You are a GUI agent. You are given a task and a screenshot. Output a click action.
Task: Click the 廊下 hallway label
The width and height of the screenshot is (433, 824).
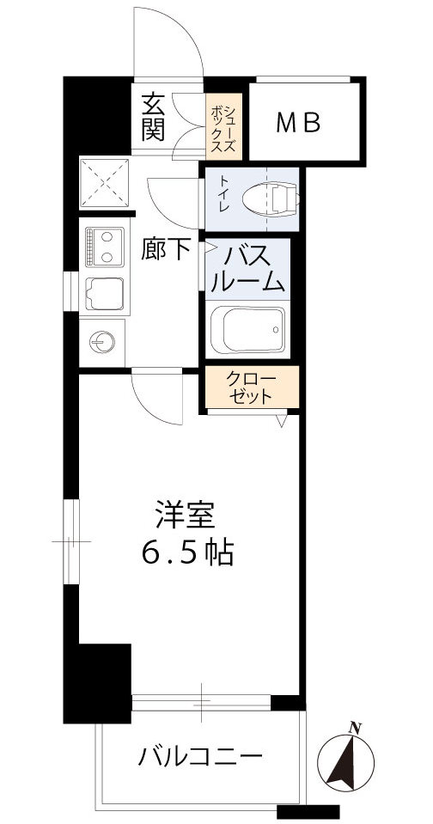165,249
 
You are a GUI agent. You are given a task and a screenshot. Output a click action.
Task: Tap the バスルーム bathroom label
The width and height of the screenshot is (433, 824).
249,267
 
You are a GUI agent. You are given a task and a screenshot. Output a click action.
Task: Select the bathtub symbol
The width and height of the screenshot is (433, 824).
247,330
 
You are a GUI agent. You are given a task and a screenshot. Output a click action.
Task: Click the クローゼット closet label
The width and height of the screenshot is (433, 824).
250,388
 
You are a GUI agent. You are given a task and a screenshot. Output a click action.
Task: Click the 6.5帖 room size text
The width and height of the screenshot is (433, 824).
187,553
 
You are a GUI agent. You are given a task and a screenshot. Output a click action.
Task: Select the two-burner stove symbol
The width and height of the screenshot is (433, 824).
105,245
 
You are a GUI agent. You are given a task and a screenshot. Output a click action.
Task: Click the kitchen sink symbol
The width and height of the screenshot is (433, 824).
105,294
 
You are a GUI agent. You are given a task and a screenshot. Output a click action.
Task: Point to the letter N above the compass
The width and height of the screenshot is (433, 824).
354,729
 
